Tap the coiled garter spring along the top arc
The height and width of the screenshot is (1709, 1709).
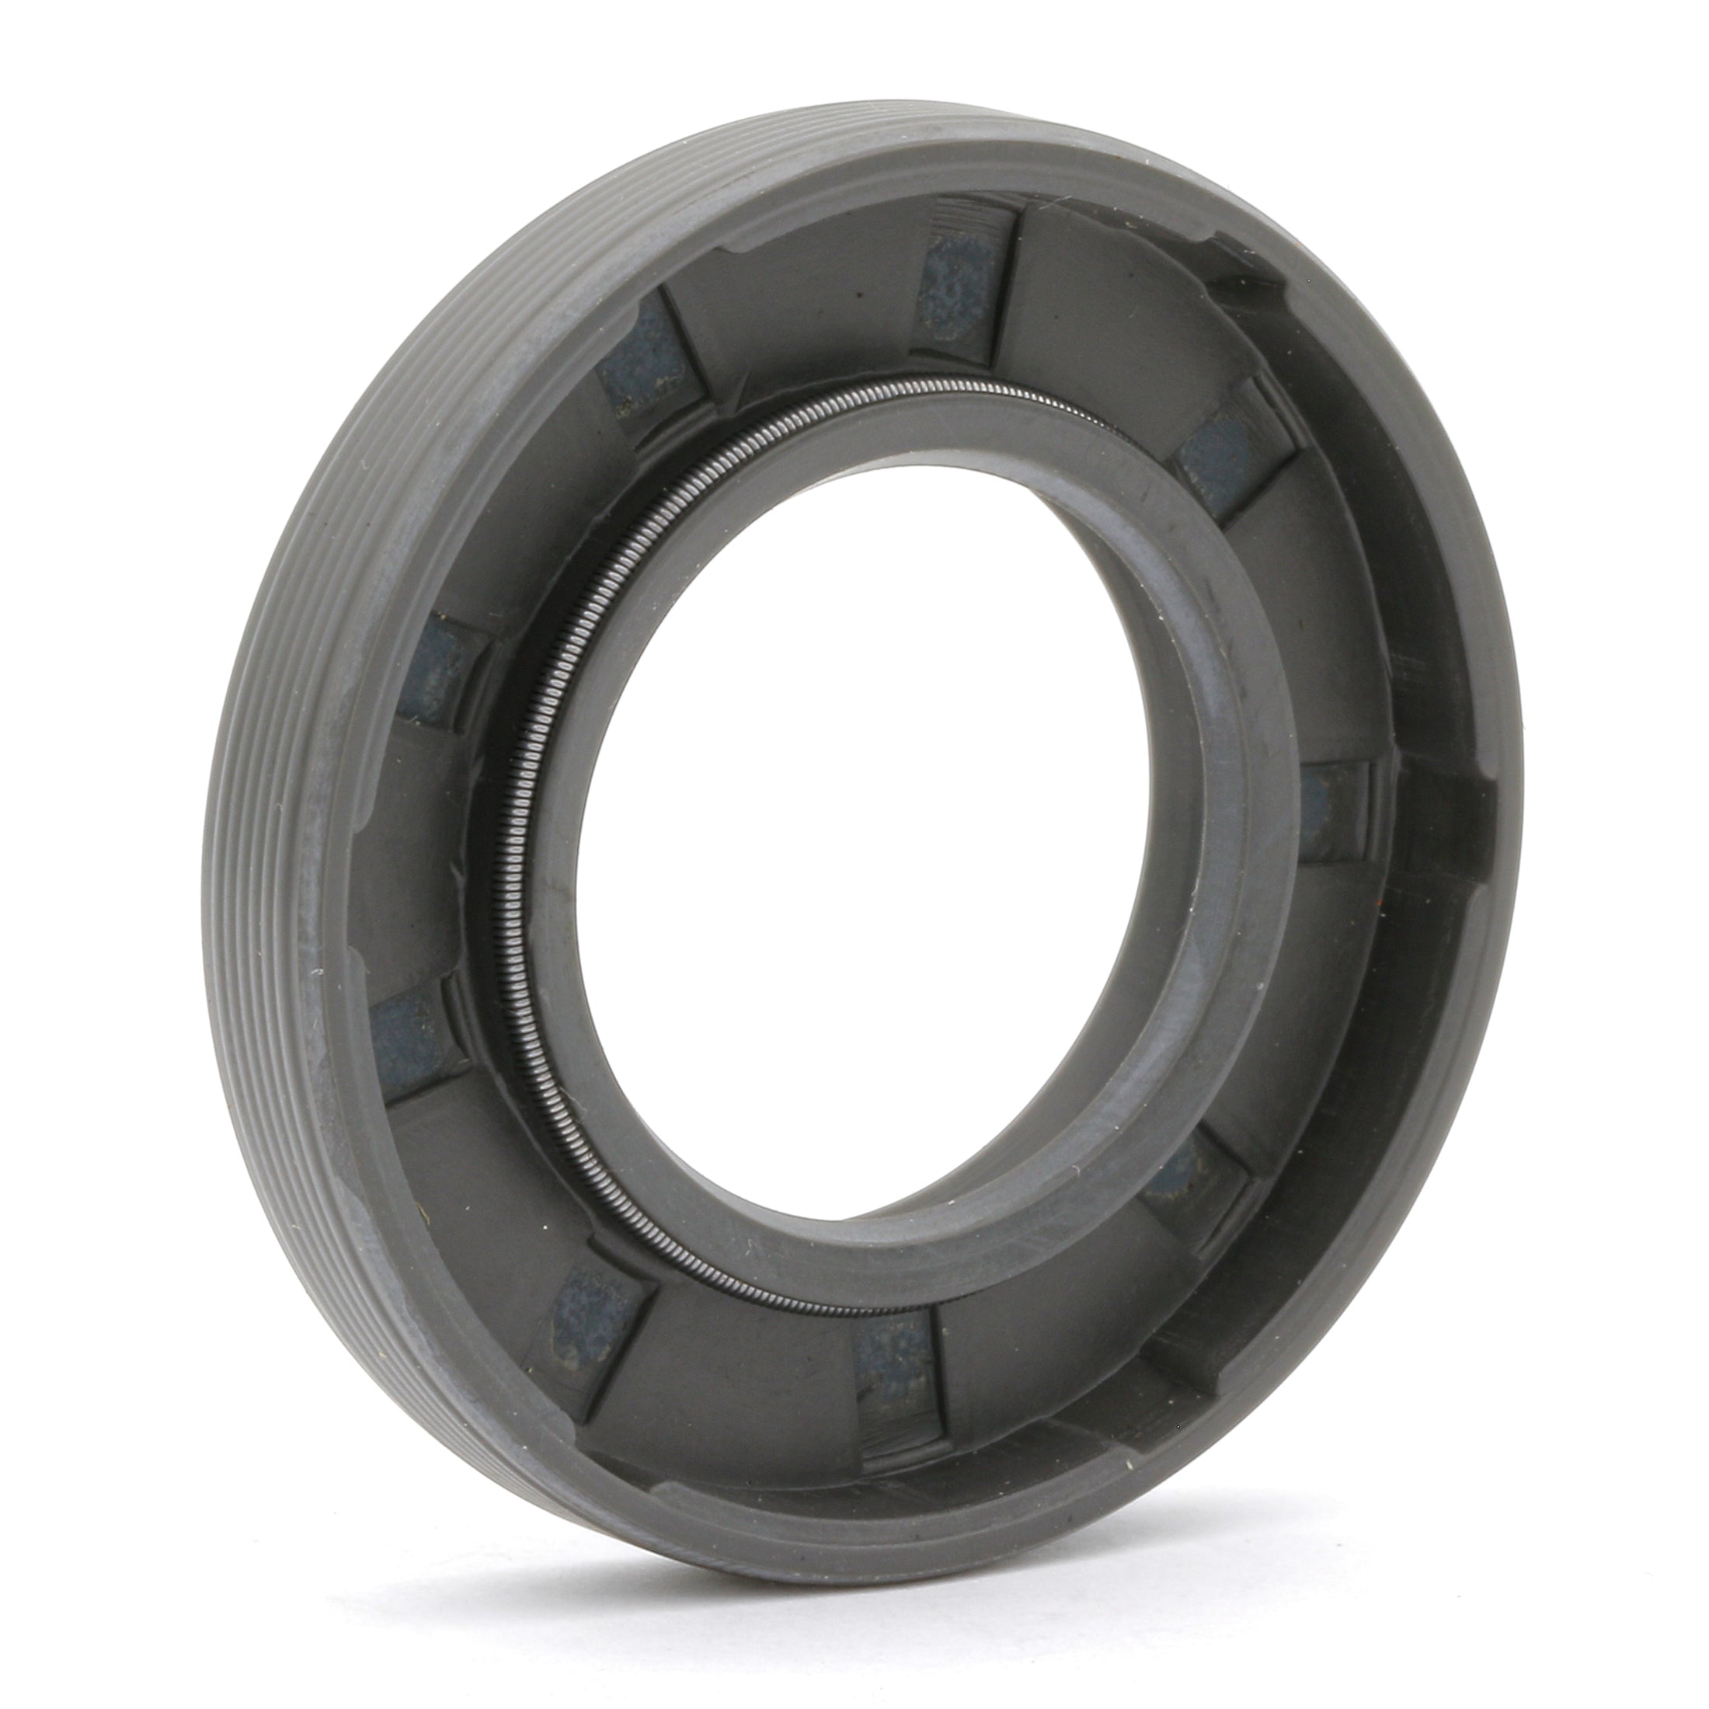pos(885,393)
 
